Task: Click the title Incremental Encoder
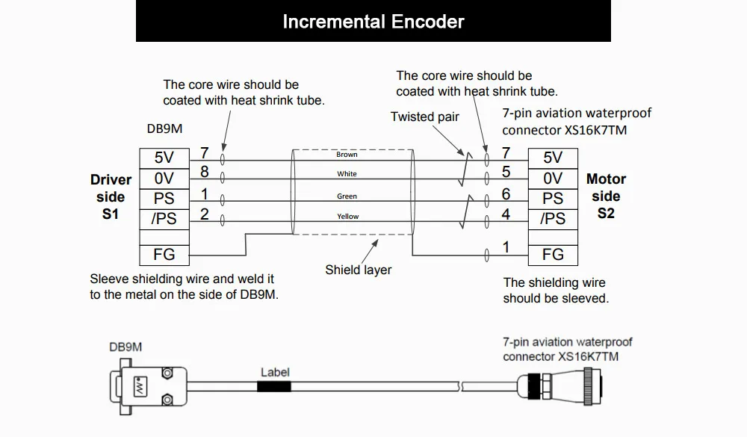[x=373, y=22]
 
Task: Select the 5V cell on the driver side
[x=164, y=158]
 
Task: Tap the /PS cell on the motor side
[x=553, y=219]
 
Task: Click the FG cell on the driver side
[x=164, y=255]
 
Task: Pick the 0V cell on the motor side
[x=553, y=179]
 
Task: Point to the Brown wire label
[x=347, y=155]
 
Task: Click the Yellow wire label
[x=348, y=217]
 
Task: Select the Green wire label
[x=347, y=196]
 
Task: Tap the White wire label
[x=347, y=174]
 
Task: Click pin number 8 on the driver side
[x=205, y=172]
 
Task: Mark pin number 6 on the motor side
[x=506, y=194]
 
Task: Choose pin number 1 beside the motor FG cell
[x=506, y=247]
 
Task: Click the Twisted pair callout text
[x=425, y=117]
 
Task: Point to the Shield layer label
[x=359, y=270]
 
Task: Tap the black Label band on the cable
[x=274, y=386]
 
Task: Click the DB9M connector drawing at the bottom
[x=148, y=386]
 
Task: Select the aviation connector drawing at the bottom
[x=560, y=386]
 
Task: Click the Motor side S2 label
[x=606, y=196]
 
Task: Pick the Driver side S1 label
[x=111, y=196]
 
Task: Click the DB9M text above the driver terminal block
[x=164, y=128]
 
